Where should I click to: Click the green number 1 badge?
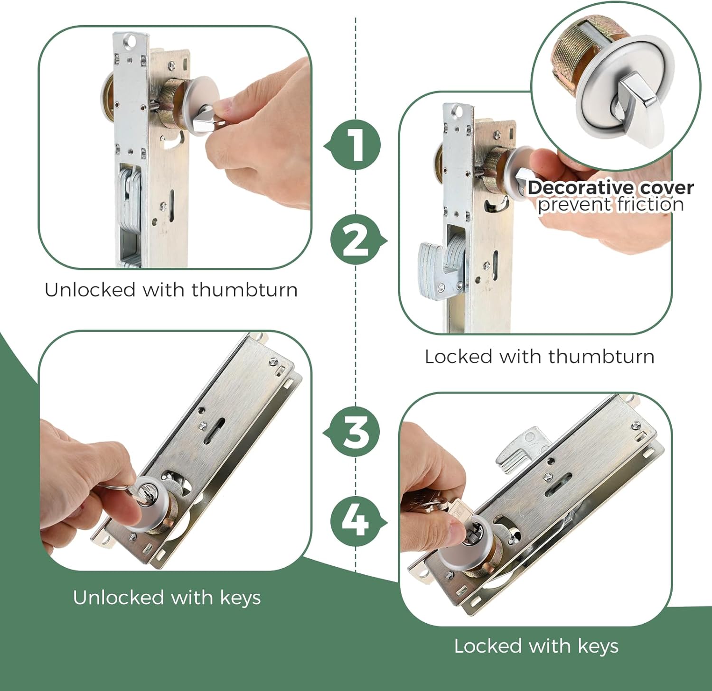point(355,145)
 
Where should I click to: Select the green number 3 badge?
point(354,433)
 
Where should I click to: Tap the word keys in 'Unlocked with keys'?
point(241,599)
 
